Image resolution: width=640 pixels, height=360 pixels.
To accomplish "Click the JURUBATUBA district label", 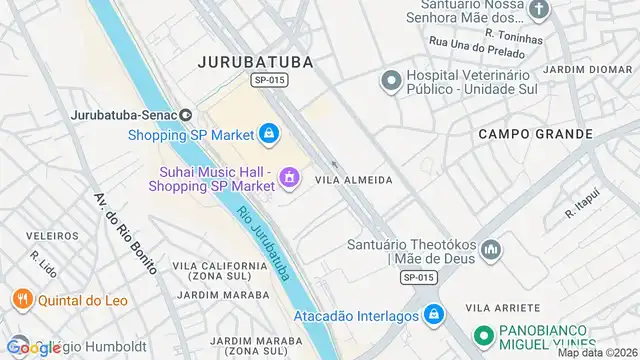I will coord(256,61).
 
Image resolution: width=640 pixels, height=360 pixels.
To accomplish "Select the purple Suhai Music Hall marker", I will coord(288,178).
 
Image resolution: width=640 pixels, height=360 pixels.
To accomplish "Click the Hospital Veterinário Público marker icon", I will coord(391,78).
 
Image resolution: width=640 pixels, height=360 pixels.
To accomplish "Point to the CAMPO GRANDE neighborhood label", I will coord(528,133).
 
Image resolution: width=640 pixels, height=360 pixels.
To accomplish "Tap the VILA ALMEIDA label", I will coord(353,180).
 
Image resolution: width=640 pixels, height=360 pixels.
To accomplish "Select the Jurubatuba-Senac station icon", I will coord(185,114).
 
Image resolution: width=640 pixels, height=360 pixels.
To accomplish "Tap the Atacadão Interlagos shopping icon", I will coord(432,314).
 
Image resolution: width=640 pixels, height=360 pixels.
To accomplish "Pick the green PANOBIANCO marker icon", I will coord(481,337).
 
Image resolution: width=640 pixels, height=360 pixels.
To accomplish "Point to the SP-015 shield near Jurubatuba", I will coord(264,79).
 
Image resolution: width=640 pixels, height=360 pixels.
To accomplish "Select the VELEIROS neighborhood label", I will coord(45,235).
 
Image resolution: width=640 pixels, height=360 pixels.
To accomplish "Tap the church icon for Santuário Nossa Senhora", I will coord(539,11).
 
